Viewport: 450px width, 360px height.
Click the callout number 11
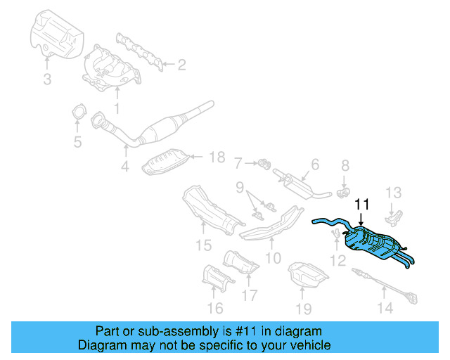[x=362, y=205]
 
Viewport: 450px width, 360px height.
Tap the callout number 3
[x=47, y=79]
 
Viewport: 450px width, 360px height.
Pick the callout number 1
[x=117, y=108]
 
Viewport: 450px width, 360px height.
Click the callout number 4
[x=124, y=167]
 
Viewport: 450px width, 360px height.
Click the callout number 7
[x=239, y=163]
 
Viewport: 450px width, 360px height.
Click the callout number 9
[x=240, y=188]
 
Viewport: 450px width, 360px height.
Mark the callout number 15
[x=203, y=245]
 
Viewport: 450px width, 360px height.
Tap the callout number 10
[x=273, y=258]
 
